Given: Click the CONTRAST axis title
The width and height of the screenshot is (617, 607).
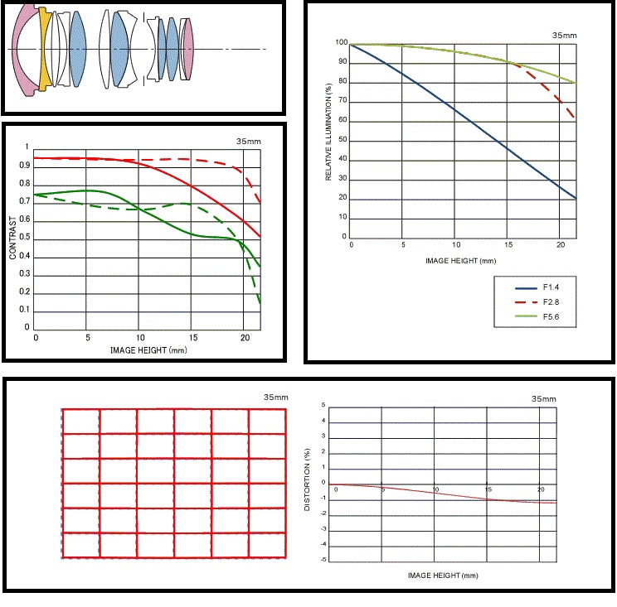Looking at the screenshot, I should coord(13,239).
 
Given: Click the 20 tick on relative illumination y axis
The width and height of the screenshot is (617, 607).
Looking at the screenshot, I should coord(343,200).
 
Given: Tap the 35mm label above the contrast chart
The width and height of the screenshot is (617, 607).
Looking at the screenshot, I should coord(248,142).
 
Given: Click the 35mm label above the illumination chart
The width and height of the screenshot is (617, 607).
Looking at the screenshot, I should coord(564,36).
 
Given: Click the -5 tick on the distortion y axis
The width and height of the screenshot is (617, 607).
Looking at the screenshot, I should coord(323,561).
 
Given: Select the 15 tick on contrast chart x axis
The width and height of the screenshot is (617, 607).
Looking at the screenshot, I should coord(192,339).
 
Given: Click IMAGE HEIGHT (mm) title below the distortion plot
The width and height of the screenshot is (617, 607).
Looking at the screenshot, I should coord(443,574).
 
